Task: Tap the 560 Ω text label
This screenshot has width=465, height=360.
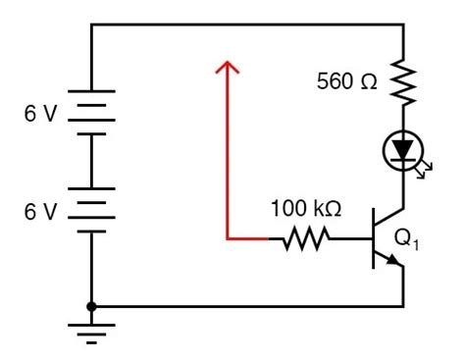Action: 346,81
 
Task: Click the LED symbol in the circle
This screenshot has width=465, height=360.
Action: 402,150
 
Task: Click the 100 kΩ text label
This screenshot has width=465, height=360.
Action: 306,208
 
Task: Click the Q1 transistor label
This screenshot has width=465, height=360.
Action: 406,238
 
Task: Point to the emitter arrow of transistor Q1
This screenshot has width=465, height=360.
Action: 392,260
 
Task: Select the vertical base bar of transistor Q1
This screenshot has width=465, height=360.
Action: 373,238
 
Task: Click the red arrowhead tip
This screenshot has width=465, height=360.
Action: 227,61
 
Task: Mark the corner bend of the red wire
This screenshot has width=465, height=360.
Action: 227,238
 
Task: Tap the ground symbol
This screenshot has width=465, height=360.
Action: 91,333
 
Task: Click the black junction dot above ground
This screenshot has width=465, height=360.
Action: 91,306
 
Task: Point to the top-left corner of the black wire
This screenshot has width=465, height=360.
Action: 91,26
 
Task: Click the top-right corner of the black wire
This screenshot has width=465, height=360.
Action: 402,26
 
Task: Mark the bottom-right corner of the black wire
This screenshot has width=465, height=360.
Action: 402,306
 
